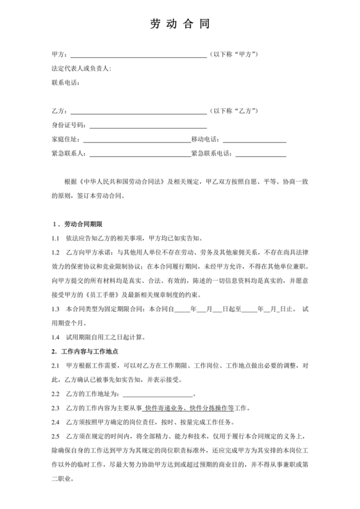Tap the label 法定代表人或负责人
[x=81, y=68]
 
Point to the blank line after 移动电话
[x=254, y=139]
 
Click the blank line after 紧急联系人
[x=138, y=154]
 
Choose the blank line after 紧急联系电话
[x=261, y=154]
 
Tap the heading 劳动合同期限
[x=83, y=224]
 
